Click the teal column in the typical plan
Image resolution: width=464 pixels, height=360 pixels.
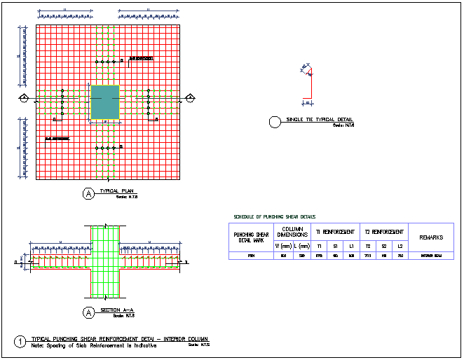[105, 102]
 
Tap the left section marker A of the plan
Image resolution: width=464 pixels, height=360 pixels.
[24, 98]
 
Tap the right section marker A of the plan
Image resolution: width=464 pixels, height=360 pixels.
[189, 98]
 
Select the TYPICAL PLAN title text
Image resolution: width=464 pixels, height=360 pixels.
[117, 191]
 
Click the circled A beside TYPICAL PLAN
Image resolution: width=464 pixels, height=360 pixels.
[89, 194]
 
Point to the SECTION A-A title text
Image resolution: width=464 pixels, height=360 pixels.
[117, 310]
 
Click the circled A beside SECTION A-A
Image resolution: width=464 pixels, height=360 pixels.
[89, 312]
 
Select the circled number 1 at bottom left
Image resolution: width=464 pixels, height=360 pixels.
[21, 342]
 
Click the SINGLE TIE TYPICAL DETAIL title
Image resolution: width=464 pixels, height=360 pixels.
[319, 120]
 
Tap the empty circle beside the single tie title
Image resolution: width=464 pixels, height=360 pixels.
[275, 123]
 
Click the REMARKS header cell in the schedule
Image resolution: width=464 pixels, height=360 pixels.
[431, 237]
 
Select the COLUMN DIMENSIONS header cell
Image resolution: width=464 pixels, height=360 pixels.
[292, 232]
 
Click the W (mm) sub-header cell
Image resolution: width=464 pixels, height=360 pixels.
[284, 246]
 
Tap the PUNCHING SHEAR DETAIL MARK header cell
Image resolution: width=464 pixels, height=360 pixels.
[252, 237]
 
